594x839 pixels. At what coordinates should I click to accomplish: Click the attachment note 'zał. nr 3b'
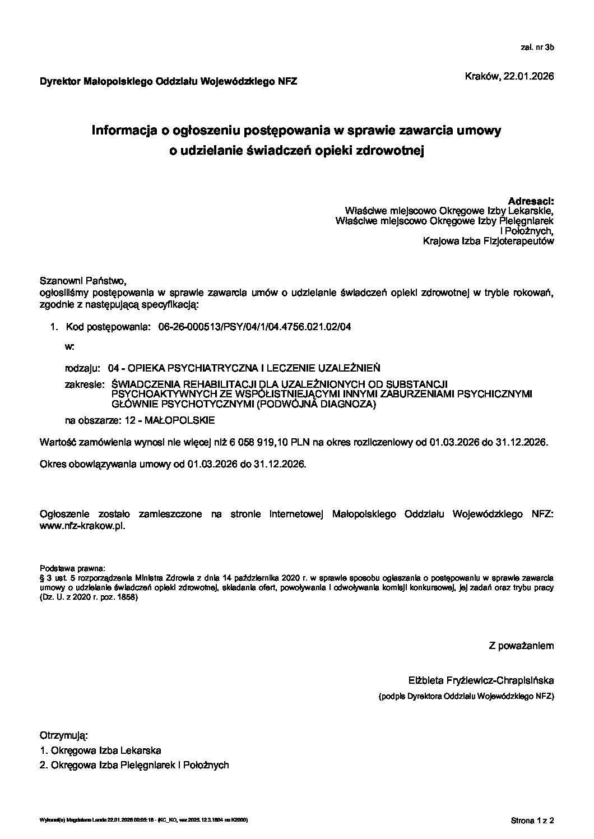(x=537, y=48)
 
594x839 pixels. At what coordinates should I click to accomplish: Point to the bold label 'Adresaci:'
(x=530, y=201)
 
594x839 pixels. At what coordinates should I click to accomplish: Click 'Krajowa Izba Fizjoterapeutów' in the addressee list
(x=489, y=242)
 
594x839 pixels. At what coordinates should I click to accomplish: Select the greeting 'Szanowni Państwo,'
(x=80, y=280)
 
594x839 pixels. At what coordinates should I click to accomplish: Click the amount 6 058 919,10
(x=261, y=442)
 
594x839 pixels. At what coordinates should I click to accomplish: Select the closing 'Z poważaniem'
(x=521, y=646)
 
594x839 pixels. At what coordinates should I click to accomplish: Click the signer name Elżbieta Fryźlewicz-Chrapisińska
(x=481, y=681)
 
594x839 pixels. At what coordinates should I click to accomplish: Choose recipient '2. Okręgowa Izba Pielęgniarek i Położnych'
(x=134, y=765)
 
